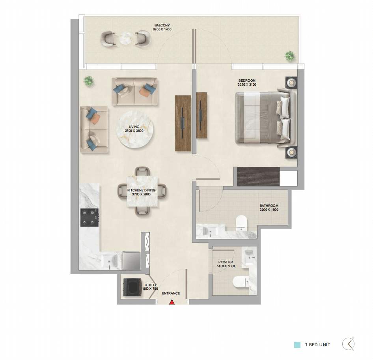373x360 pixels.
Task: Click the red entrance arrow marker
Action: tap(172, 302)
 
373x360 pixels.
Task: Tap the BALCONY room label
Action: tap(162, 25)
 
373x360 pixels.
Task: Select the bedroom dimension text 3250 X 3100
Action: tap(247, 84)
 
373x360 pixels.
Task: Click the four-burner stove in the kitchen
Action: tap(90, 217)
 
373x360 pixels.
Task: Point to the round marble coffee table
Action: tap(134, 129)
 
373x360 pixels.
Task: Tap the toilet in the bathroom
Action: tap(241, 223)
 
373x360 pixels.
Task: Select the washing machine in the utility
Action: tap(132, 287)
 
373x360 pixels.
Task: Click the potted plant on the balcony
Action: tap(290, 56)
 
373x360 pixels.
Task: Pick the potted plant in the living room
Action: tap(88, 81)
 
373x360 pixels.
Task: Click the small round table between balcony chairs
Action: tap(125, 38)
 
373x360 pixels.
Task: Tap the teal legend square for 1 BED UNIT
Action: tap(297, 345)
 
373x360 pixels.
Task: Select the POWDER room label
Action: tap(226, 262)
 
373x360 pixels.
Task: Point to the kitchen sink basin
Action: tap(110, 261)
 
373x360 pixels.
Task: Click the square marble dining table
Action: tap(142, 191)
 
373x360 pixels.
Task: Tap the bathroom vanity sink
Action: tap(210, 231)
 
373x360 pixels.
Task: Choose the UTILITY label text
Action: tap(151, 285)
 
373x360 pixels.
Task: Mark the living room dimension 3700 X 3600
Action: tap(134, 131)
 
